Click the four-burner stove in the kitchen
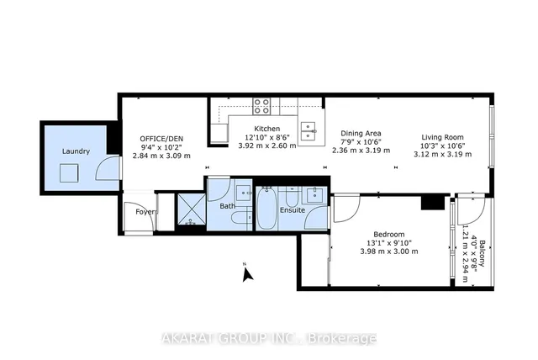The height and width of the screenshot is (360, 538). coord(261,106)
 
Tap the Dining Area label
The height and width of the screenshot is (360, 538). coord(362,133)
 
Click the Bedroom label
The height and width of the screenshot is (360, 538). coord(389,234)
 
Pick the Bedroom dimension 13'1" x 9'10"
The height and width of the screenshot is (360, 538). coord(389,242)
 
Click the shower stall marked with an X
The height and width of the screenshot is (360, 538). coord(191,210)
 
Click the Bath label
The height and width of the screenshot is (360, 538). coord(227,205)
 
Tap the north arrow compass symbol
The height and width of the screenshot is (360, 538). coord(246,273)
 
